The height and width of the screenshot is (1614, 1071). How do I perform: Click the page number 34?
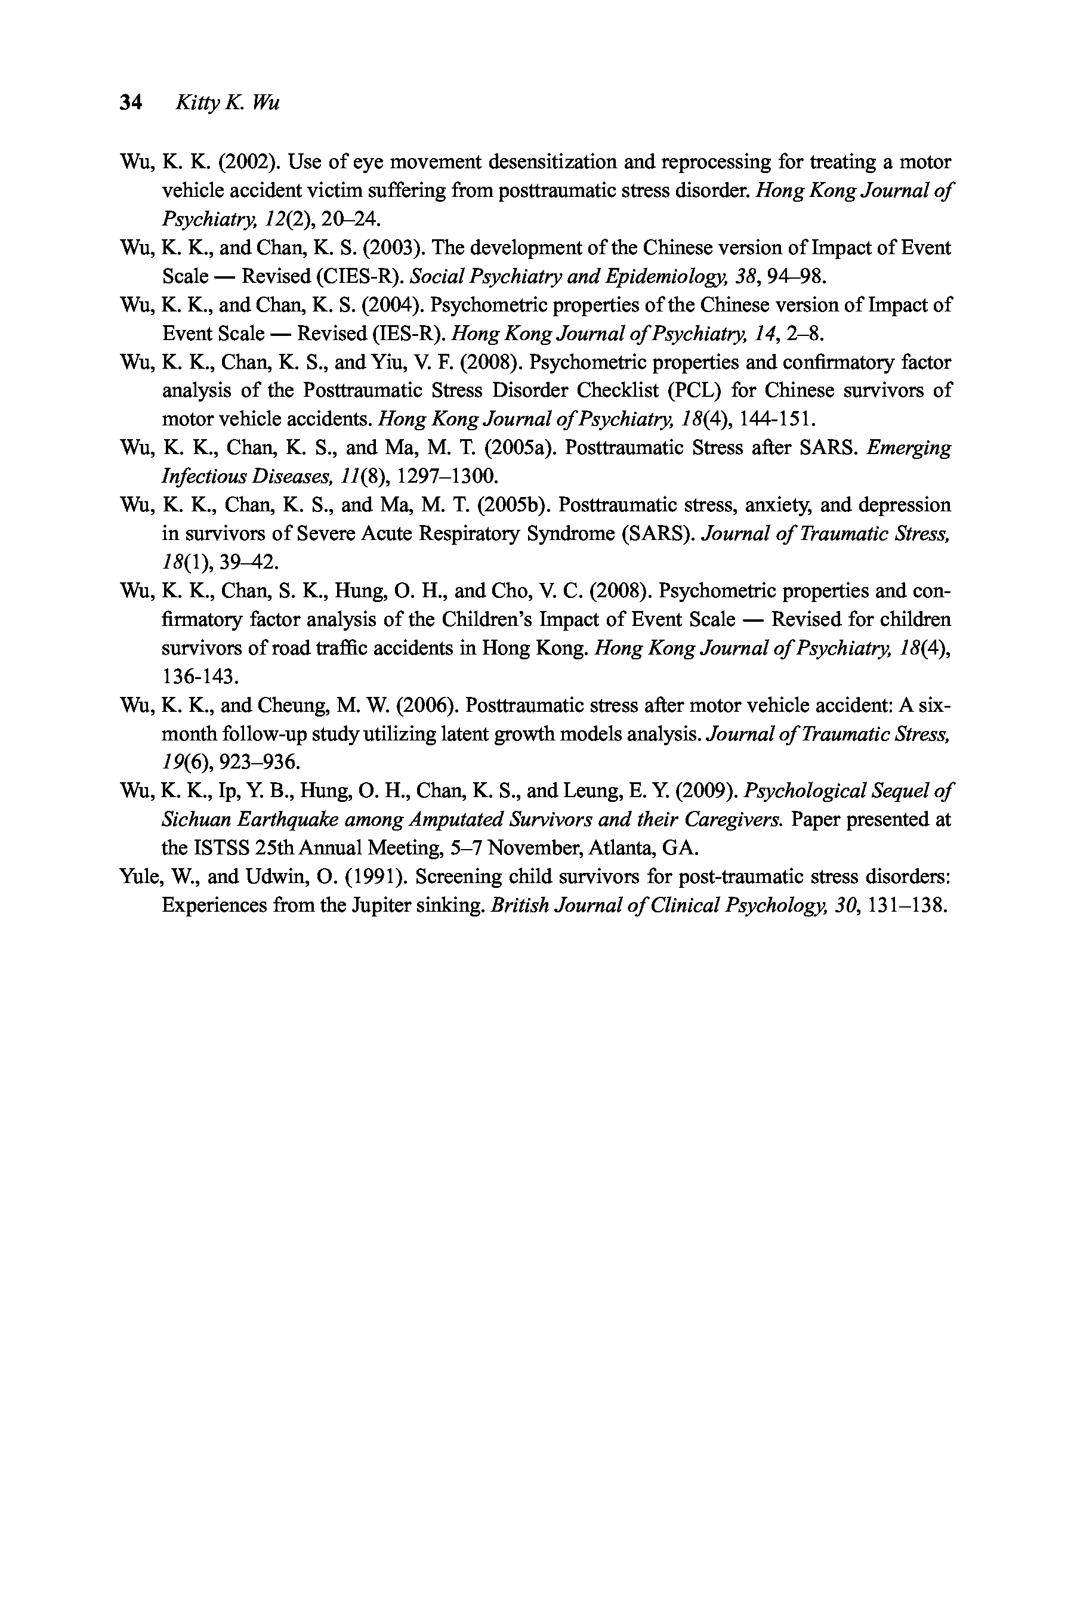(x=131, y=103)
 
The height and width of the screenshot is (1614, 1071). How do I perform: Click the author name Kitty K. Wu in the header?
(x=227, y=103)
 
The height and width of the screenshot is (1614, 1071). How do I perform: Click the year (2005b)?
(x=516, y=505)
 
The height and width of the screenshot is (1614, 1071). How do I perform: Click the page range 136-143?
(x=200, y=677)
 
